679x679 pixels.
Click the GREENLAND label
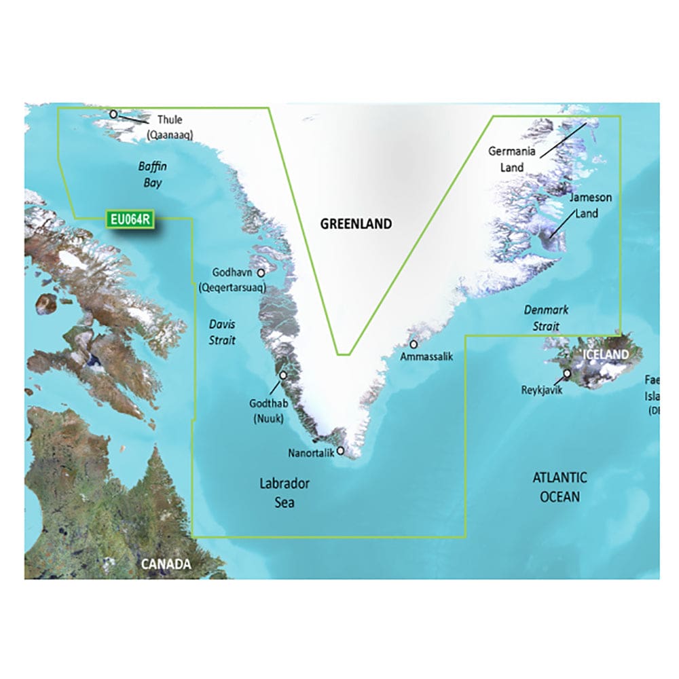click(x=356, y=223)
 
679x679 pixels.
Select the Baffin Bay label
click(x=152, y=175)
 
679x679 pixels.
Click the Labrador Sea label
click(x=285, y=493)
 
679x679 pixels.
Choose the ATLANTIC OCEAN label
click(x=559, y=487)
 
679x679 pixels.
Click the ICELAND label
click(x=604, y=354)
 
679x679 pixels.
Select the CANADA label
click(x=166, y=564)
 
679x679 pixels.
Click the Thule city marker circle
click(x=113, y=114)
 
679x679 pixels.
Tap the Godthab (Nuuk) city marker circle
click(x=283, y=373)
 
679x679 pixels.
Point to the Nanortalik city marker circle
click(x=340, y=449)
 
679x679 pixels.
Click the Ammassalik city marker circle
click(x=413, y=344)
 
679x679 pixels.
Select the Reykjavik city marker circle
click(x=567, y=373)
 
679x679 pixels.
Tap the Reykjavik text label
click(x=542, y=390)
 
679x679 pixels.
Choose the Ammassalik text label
click(x=426, y=356)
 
